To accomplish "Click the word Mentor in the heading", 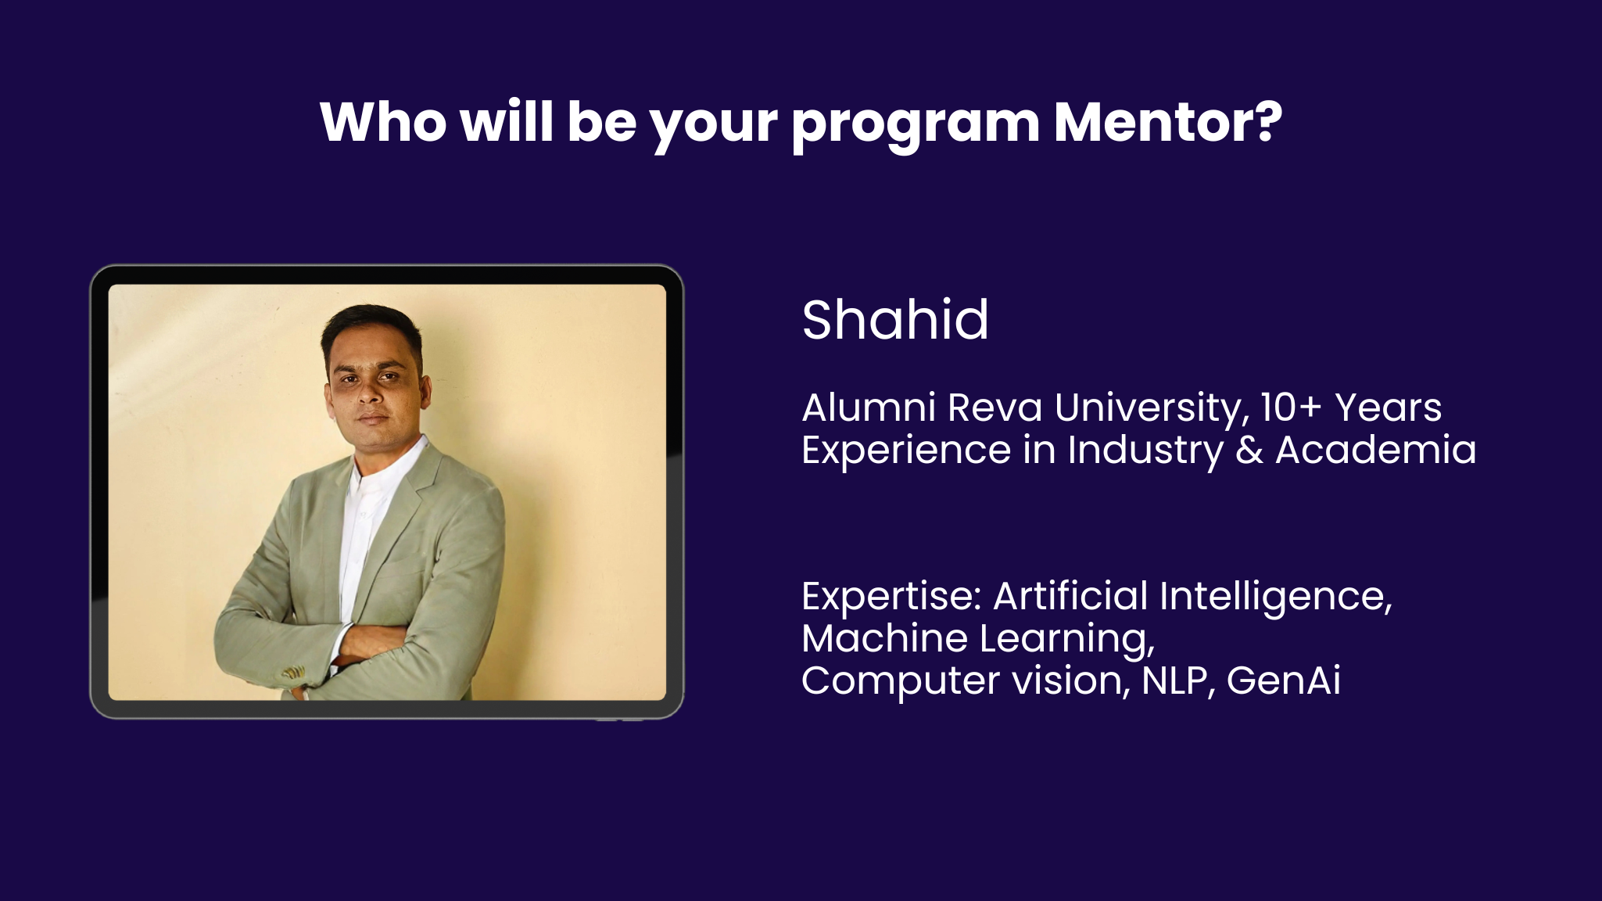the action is click(x=1168, y=122).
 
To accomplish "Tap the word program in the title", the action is click(x=916, y=125).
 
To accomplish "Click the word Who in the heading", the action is click(x=383, y=122).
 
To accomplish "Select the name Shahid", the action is click(x=895, y=320).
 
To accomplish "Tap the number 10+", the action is click(x=1290, y=407).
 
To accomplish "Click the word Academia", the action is click(x=1376, y=450).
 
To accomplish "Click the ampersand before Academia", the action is click(x=1249, y=450).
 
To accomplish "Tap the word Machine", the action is click(x=884, y=638).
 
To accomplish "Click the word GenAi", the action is click(x=1284, y=680).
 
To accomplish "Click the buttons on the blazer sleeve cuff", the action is click(x=294, y=673).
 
